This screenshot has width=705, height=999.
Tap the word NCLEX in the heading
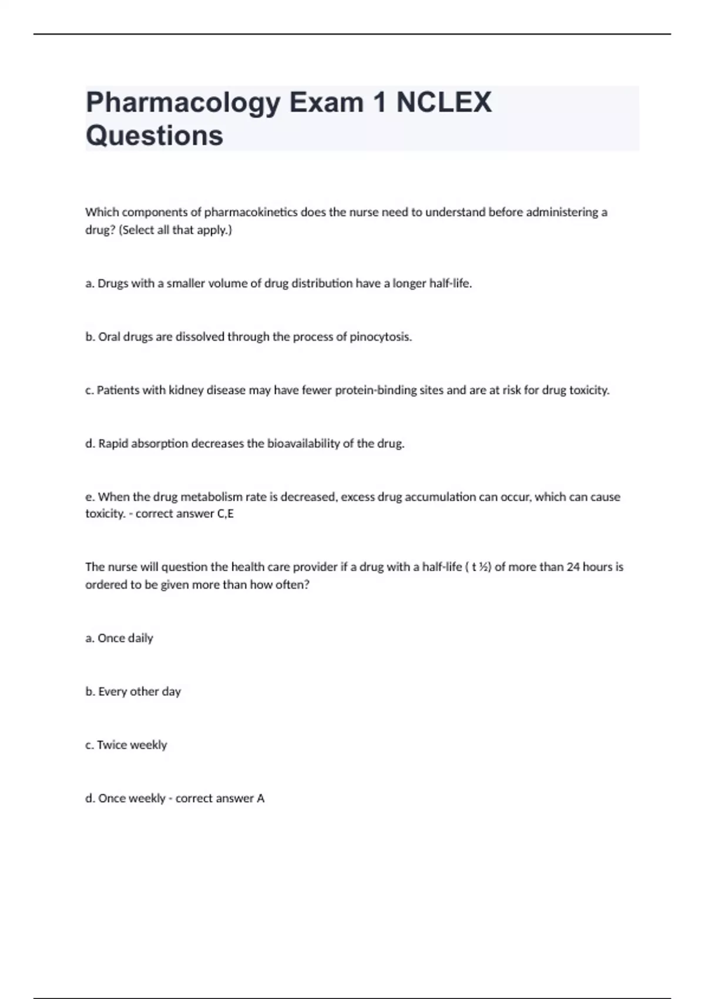point(444,102)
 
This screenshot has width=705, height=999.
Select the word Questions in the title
point(155,136)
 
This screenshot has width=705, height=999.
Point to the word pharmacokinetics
point(251,212)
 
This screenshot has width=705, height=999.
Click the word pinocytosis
point(381,337)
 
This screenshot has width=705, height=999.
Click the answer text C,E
point(226,514)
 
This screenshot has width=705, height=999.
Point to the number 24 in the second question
point(573,567)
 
